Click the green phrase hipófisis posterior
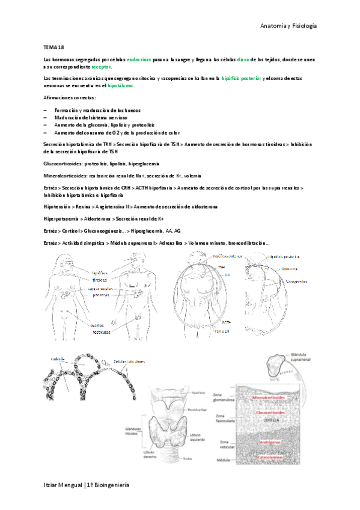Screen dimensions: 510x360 coord(241,78)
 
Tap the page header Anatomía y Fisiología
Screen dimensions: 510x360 coord(288,26)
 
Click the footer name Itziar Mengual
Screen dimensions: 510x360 coord(63,485)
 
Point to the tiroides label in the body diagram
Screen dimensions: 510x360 coord(100,280)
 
